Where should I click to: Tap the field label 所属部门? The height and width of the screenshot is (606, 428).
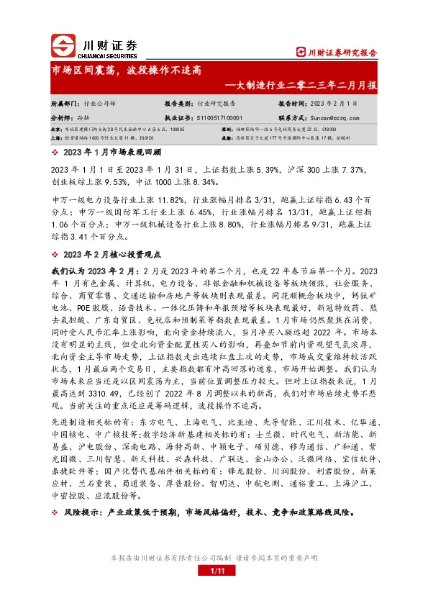tap(64, 103)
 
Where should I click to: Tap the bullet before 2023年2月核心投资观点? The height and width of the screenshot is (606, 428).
tap(55, 255)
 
